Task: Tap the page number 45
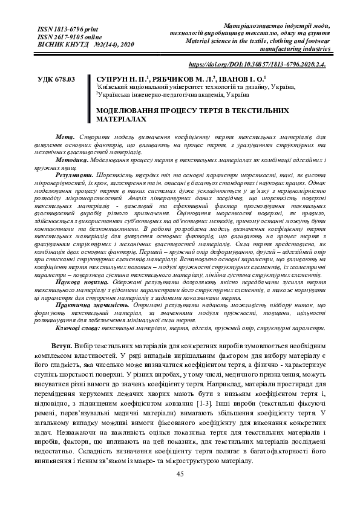pyautogui.click(x=180, y=474)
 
